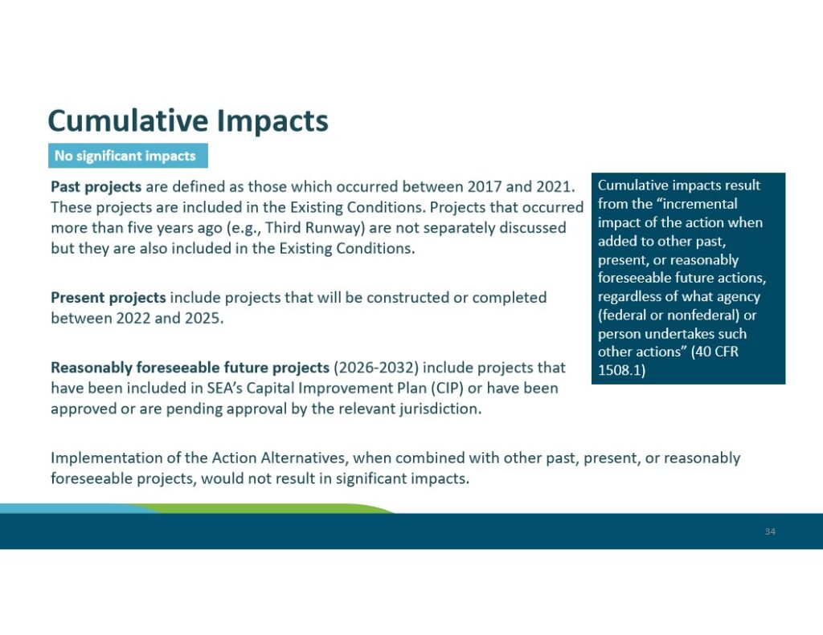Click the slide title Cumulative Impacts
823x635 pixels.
188,121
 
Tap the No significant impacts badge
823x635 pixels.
128,156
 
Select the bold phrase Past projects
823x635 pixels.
96,187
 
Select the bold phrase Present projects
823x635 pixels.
109,298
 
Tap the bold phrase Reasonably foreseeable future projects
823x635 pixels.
190,368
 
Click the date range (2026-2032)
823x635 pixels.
376,368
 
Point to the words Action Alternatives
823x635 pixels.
279,458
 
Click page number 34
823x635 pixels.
770,531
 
